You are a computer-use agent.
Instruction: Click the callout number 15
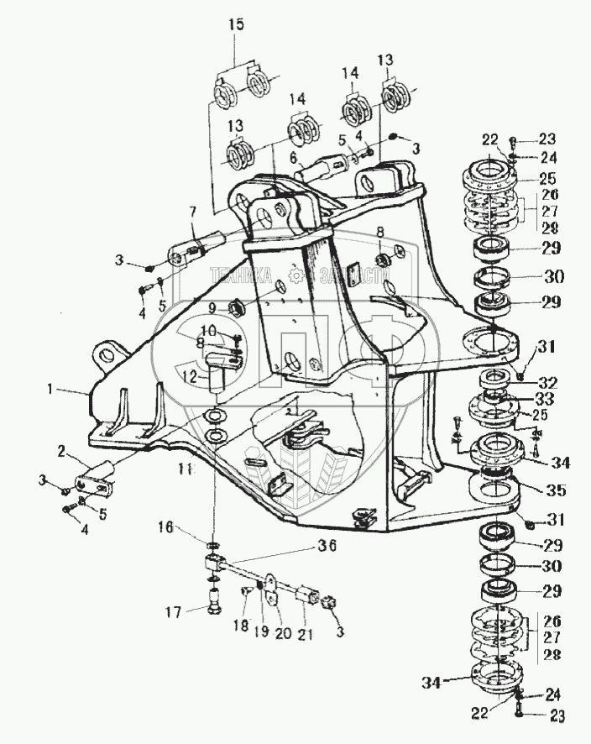pyautogui.click(x=237, y=24)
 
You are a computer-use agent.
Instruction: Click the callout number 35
pyautogui.click(x=552, y=490)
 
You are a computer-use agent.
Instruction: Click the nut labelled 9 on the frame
pyautogui.click(x=235, y=306)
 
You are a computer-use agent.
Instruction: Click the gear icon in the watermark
pyautogui.click(x=295, y=274)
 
